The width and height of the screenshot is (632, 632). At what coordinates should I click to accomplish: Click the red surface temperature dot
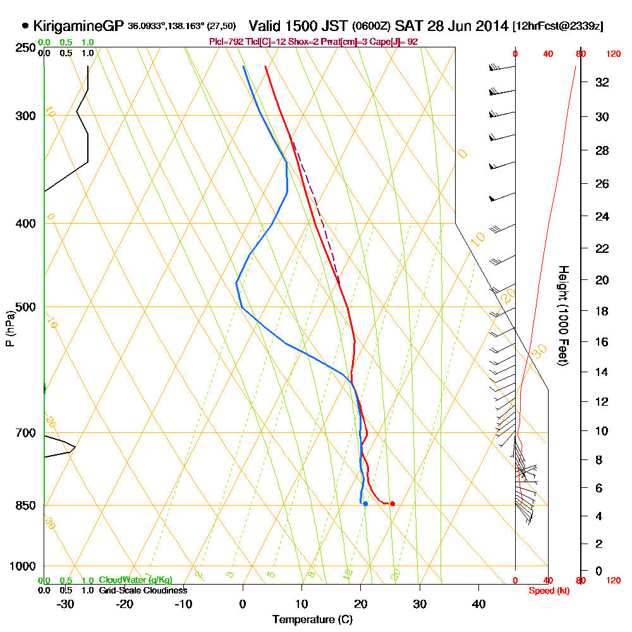click(392, 504)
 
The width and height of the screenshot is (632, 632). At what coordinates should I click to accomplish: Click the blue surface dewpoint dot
click(365, 503)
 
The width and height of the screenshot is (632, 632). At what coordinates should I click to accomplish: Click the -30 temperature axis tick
click(66, 604)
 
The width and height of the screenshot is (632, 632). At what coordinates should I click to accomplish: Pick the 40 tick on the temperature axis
click(479, 604)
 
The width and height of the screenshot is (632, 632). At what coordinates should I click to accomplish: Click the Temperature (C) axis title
click(312, 620)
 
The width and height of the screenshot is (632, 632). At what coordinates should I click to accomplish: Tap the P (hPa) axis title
click(9, 328)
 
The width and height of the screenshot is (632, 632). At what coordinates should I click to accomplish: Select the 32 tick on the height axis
click(601, 82)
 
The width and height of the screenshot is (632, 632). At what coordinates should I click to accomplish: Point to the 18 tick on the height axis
click(601, 311)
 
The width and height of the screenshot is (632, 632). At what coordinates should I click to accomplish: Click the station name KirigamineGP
click(78, 27)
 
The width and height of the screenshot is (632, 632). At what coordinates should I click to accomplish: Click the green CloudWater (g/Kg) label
click(135, 580)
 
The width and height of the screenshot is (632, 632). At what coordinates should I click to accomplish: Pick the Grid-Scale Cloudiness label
click(143, 590)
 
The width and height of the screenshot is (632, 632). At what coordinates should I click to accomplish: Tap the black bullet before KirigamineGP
click(25, 27)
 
